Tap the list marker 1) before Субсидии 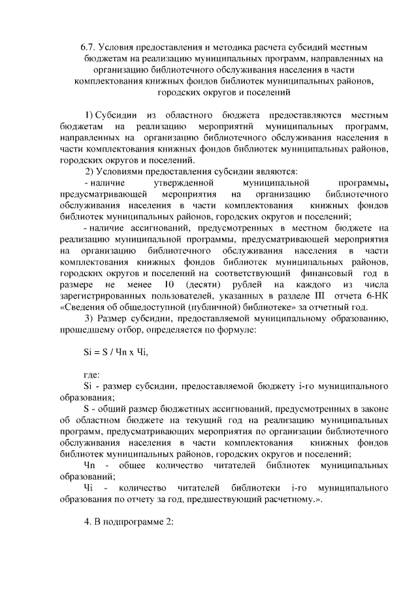click(91, 115)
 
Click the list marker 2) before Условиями click(91, 171)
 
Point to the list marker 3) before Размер click(91, 319)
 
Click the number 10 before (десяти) click(169, 285)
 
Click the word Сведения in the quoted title click(84, 308)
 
